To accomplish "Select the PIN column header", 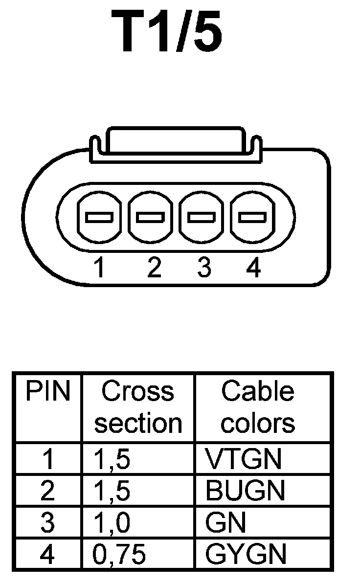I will [48, 392].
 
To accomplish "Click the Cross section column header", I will [137, 407].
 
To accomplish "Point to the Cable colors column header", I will [258, 407].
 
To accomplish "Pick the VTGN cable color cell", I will [244, 459].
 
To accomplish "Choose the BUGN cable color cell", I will [245, 491].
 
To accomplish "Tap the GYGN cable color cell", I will [246, 554].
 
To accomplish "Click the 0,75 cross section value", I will [119, 554].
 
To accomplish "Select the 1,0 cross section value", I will [112, 523].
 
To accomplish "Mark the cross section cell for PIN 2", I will [112, 491].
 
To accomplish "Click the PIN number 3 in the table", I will [48, 523].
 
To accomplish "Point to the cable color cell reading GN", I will [225, 523].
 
